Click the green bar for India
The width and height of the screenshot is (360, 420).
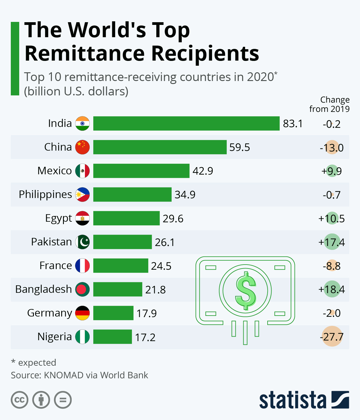point(186,124)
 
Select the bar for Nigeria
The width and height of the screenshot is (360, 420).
point(112,337)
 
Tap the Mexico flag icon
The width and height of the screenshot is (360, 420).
point(82,171)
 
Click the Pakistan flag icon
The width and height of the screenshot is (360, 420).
point(82,242)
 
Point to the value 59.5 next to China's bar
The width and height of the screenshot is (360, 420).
point(239,147)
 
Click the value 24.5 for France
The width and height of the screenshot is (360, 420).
point(161,266)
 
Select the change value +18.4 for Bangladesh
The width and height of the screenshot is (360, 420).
point(331,289)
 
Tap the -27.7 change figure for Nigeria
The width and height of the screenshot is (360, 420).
point(331,337)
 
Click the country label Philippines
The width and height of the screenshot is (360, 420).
point(45,194)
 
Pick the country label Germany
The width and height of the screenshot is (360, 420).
point(49,313)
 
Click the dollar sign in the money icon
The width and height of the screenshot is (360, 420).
point(245,290)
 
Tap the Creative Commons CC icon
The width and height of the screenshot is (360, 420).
point(19,400)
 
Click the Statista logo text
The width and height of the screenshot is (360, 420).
point(292,400)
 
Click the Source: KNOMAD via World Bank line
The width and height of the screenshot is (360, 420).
point(79,375)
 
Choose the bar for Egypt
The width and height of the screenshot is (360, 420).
point(126,218)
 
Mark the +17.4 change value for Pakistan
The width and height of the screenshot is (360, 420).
point(331,242)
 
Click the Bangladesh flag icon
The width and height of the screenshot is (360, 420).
point(82,289)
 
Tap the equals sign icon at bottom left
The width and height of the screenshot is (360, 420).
point(63,400)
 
